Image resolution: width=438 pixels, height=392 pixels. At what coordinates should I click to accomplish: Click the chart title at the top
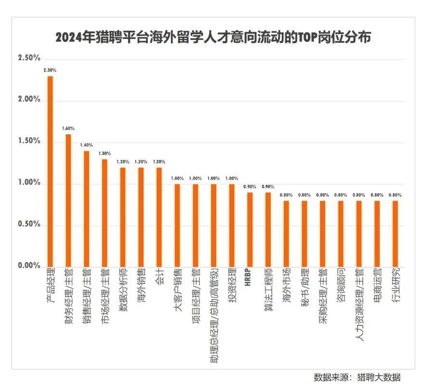pyautogui.click(x=213, y=38)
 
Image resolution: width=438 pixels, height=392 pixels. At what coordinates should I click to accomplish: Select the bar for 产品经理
pyautogui.click(x=50, y=171)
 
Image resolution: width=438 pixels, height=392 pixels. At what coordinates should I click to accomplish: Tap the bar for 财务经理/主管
pyautogui.click(x=68, y=200)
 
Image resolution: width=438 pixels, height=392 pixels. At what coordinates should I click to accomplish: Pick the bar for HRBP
pyautogui.click(x=250, y=229)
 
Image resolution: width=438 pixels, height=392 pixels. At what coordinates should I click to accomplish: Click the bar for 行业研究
pyautogui.click(x=395, y=234)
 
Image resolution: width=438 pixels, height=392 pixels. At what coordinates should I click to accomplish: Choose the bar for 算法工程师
pyautogui.click(x=268, y=229)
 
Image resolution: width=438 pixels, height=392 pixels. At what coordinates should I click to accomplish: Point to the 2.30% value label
pyautogui.click(x=50, y=70)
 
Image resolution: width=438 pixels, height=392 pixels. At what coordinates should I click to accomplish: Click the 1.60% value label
pyautogui.click(x=68, y=129)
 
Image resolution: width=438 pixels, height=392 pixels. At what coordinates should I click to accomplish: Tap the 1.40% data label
pyautogui.click(x=87, y=145)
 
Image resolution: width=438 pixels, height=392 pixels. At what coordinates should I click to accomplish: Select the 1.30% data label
pyautogui.click(x=105, y=154)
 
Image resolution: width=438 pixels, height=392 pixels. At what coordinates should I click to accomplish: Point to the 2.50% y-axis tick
pyautogui.click(x=29, y=58)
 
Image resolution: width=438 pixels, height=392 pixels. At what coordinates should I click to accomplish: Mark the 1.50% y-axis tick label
pyautogui.click(x=29, y=141)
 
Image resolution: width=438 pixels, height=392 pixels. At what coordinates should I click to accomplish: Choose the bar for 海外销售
pyautogui.click(x=141, y=217)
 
